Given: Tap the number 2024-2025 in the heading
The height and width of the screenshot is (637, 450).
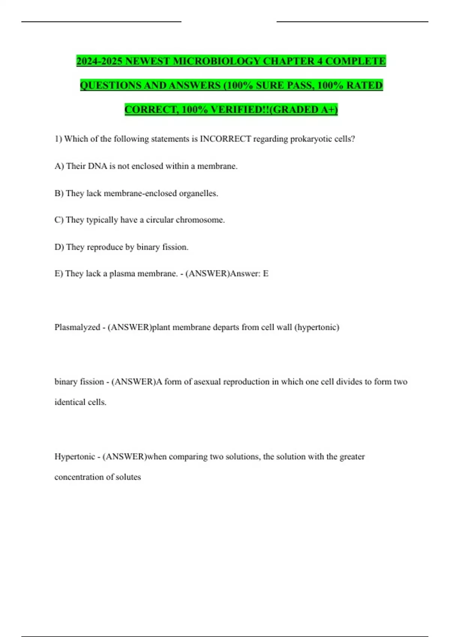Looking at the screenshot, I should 99,61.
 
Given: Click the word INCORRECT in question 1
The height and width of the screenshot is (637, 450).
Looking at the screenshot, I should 225,139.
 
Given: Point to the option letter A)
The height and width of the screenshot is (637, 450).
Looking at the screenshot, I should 59,166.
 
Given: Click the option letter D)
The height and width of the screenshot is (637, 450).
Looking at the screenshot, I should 59,247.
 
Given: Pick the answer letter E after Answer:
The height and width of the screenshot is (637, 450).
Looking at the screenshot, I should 265,274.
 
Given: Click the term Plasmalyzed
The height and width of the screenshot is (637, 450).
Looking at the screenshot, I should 77,327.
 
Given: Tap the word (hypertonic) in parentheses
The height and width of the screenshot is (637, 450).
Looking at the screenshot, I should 317,327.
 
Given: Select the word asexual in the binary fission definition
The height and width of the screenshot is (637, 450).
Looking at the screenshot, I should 207,382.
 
